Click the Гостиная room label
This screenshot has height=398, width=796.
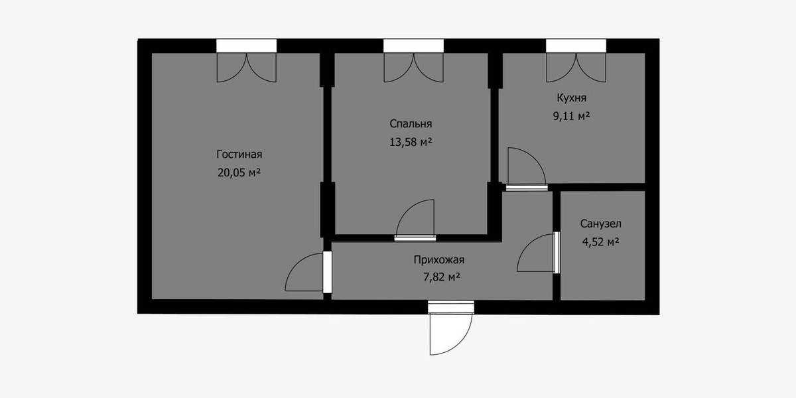point(239,155)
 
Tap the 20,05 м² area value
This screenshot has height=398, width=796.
point(239,172)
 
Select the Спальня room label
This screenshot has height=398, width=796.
point(411,123)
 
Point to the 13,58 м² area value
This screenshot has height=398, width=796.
point(411,142)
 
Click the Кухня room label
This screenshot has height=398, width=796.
point(571,98)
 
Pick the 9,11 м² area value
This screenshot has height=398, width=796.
point(571,116)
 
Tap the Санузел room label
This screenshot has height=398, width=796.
point(601,224)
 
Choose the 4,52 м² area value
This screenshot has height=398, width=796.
point(601,242)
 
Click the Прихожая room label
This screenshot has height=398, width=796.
point(439,260)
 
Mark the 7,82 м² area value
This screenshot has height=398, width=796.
point(442,277)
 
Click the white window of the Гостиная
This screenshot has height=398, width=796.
point(247,46)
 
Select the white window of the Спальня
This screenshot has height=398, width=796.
point(414,46)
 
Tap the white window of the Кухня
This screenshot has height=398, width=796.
point(576,46)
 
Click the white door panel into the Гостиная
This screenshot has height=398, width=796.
point(327,272)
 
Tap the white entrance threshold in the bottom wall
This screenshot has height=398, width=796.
point(451,307)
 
